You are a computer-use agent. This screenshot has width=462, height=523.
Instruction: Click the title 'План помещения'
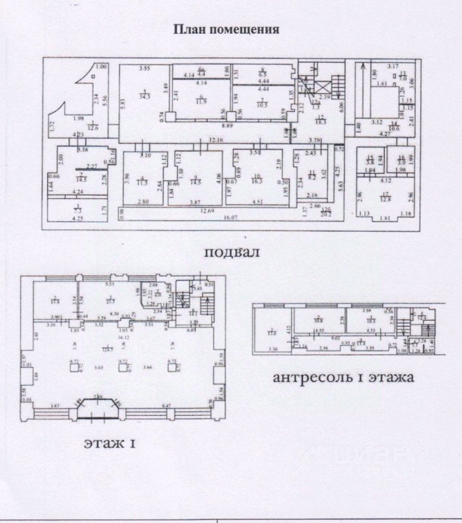click(x=226, y=29)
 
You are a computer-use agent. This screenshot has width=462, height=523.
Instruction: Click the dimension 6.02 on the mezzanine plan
click(x=338, y=338)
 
